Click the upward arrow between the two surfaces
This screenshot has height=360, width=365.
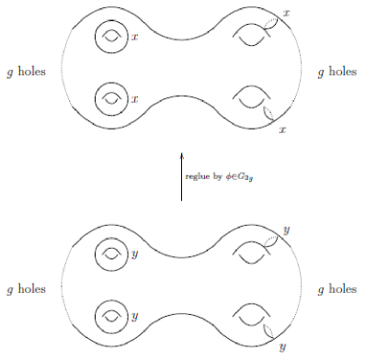[x=181, y=175]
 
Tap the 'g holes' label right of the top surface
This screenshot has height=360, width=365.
[x=336, y=71]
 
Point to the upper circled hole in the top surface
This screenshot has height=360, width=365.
[x=112, y=39]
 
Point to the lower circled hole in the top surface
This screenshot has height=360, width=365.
[x=112, y=96]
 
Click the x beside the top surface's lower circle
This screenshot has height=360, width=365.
[x=135, y=98]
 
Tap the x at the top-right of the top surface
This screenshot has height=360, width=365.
[x=287, y=13]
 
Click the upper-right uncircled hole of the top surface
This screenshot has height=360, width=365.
[x=250, y=38]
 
